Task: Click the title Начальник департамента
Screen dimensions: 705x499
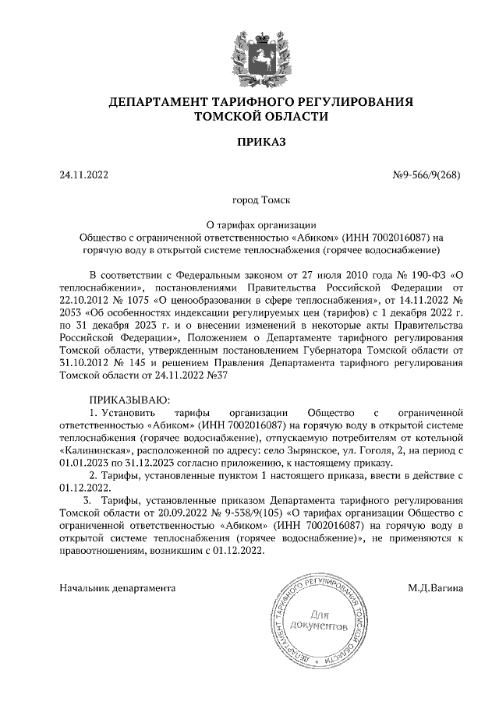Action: [117, 588]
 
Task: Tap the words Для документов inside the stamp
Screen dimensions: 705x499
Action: [317, 620]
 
